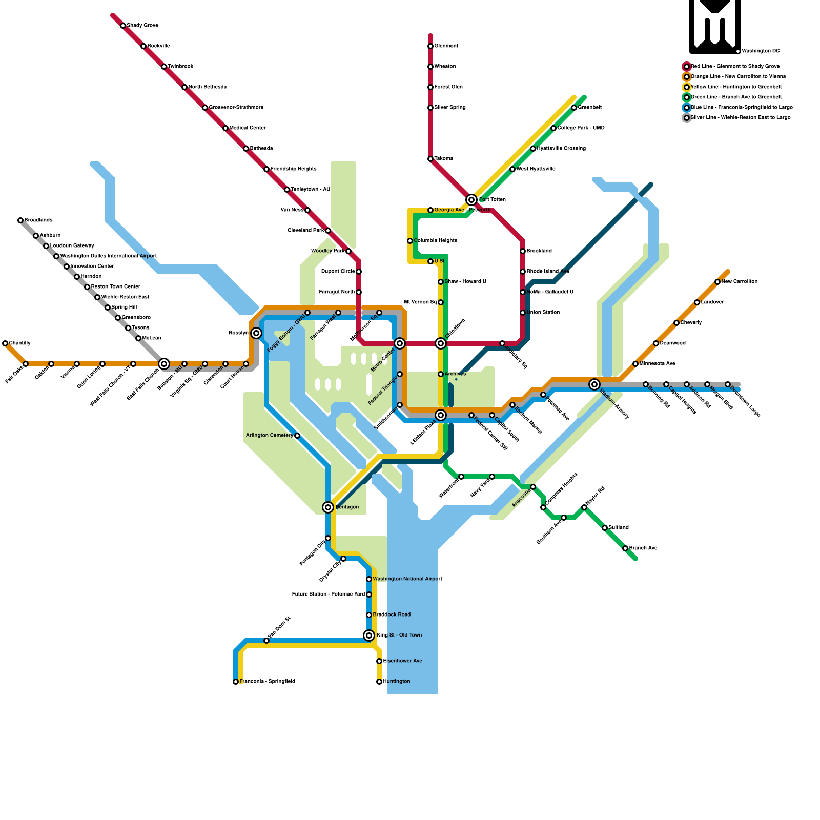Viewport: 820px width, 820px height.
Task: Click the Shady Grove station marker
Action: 123,26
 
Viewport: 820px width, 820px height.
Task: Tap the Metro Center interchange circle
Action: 400,343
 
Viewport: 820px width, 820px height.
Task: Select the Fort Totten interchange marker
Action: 471,200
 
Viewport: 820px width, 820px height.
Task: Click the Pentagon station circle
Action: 328,507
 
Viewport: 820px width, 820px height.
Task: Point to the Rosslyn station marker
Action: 256,333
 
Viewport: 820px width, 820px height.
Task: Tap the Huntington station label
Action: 397,682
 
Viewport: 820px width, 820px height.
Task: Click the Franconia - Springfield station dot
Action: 236,682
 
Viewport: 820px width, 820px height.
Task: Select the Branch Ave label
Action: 643,548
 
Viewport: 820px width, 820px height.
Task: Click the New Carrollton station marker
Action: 717,282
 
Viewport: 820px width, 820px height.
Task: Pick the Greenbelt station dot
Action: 574,108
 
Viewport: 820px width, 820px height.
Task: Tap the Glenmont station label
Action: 446,46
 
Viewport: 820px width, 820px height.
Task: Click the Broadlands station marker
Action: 20,220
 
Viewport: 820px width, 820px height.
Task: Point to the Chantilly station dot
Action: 5,343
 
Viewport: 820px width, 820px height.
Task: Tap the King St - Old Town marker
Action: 369,635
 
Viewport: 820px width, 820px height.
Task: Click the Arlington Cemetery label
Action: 270,436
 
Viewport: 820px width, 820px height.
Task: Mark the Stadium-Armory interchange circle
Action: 594,384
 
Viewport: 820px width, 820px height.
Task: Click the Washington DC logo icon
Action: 715,26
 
